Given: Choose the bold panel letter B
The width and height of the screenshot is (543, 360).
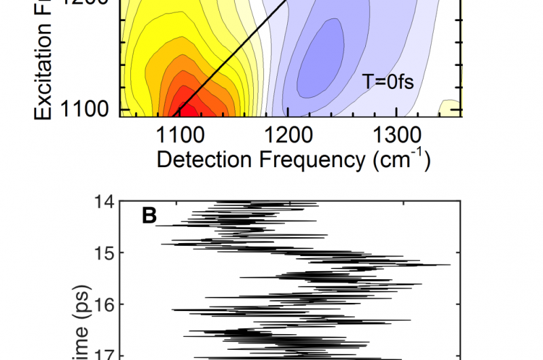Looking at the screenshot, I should pyautogui.click(x=149, y=216).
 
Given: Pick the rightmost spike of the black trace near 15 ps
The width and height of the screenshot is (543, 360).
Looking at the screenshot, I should pyautogui.click(x=449, y=264).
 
